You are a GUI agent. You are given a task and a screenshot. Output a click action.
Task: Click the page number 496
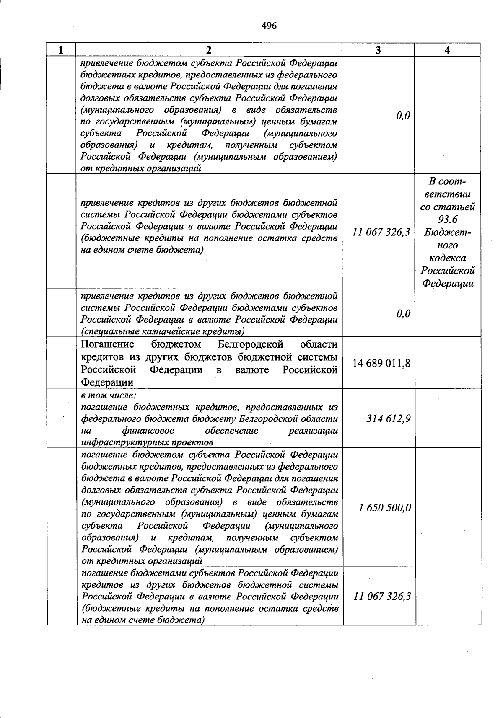(x=269, y=26)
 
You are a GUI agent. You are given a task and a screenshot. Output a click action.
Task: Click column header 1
(x=61, y=50)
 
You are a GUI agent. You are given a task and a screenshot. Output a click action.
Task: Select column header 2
(x=209, y=50)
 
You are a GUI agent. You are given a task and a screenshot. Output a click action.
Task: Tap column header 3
(x=378, y=50)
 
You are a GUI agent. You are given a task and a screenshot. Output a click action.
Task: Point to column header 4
(x=447, y=50)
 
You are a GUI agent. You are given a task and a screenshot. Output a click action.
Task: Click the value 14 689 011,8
(x=381, y=363)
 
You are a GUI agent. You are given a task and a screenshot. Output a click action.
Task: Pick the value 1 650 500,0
(x=385, y=508)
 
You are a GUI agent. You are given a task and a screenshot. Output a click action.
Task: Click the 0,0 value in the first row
(x=403, y=116)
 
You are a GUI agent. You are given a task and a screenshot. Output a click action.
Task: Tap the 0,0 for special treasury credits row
(x=403, y=314)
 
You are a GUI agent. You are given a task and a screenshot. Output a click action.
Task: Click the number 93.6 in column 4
(x=447, y=220)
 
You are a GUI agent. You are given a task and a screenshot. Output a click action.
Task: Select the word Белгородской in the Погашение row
(x=251, y=344)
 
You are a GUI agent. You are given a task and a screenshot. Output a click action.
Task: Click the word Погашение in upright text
(x=107, y=344)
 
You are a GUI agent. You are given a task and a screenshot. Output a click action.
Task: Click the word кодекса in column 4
(x=447, y=258)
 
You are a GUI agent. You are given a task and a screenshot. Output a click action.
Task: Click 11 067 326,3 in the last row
(x=382, y=596)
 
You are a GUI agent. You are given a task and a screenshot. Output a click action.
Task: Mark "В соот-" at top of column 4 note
(x=447, y=182)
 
